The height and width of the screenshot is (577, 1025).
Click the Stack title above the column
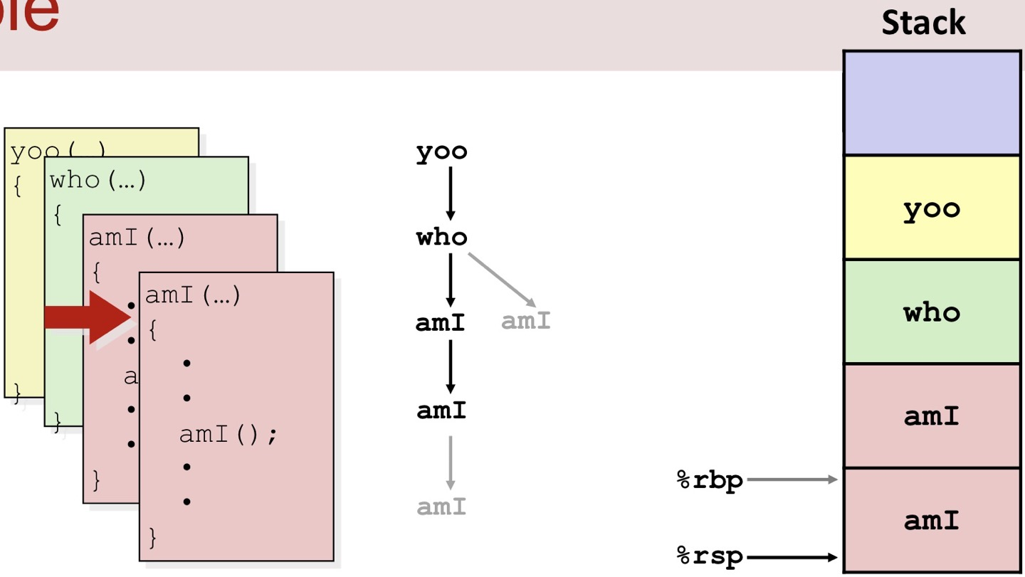tap(923, 23)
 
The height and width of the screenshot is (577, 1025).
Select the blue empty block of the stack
tap(931, 102)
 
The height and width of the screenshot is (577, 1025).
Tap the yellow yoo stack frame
tap(931, 208)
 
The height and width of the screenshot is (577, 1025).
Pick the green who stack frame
tap(931, 312)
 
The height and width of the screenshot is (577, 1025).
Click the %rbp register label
tap(709, 480)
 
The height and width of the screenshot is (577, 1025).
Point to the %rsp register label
tap(709, 557)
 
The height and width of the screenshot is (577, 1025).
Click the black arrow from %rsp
tap(792, 557)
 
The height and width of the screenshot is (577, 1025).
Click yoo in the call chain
tap(441, 152)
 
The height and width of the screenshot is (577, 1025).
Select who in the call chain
tap(441, 236)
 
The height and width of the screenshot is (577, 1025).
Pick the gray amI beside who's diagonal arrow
tap(526, 321)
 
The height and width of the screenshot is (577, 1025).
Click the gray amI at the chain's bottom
tap(441, 507)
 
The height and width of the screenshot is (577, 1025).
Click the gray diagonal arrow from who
tap(502, 279)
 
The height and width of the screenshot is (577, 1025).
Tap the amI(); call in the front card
tap(228, 433)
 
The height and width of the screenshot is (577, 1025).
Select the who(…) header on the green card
tap(98, 180)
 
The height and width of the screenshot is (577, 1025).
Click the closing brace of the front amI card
tap(152, 536)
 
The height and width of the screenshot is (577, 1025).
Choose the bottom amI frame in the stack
tap(931, 520)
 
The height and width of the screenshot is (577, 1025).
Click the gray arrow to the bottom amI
tap(450, 462)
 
